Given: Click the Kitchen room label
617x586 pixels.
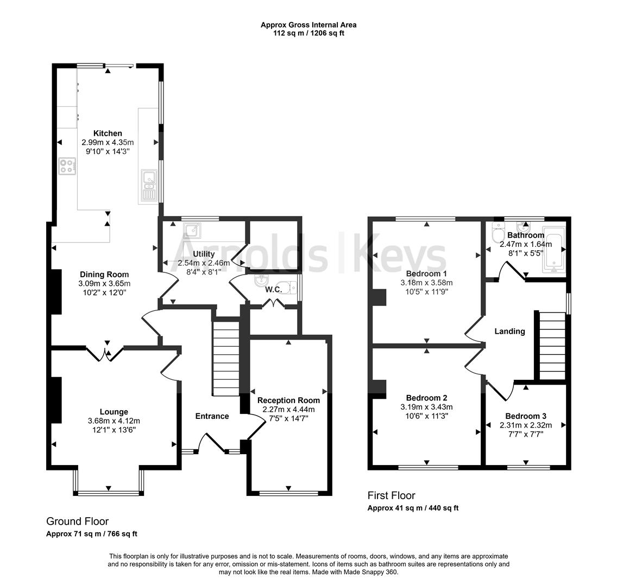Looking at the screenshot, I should [108, 133].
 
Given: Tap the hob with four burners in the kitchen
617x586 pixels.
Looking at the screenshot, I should [67, 166].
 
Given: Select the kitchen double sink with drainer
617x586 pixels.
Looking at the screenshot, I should [148, 185].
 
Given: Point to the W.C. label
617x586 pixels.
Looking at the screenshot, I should [273, 290].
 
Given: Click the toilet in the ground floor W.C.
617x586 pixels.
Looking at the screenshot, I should [286, 288].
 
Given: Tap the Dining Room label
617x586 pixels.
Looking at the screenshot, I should [104, 275].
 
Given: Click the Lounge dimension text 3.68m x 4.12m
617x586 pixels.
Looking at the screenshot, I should [114, 421].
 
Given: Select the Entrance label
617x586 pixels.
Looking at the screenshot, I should [212, 416].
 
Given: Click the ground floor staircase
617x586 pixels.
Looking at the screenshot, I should [225, 359].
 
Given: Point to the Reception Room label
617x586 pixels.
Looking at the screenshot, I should [288, 401].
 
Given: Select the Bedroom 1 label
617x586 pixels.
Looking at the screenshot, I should [426, 273].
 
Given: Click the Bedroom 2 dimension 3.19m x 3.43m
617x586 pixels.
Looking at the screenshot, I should [426, 407].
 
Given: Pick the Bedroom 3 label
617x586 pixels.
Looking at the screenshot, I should [525, 416].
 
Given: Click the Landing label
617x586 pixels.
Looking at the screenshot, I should [509, 331].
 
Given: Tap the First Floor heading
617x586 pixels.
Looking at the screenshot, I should [391, 495].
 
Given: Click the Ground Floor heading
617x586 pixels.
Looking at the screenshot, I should [77, 521].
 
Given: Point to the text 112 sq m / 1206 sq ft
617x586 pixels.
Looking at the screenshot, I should [308, 33].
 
